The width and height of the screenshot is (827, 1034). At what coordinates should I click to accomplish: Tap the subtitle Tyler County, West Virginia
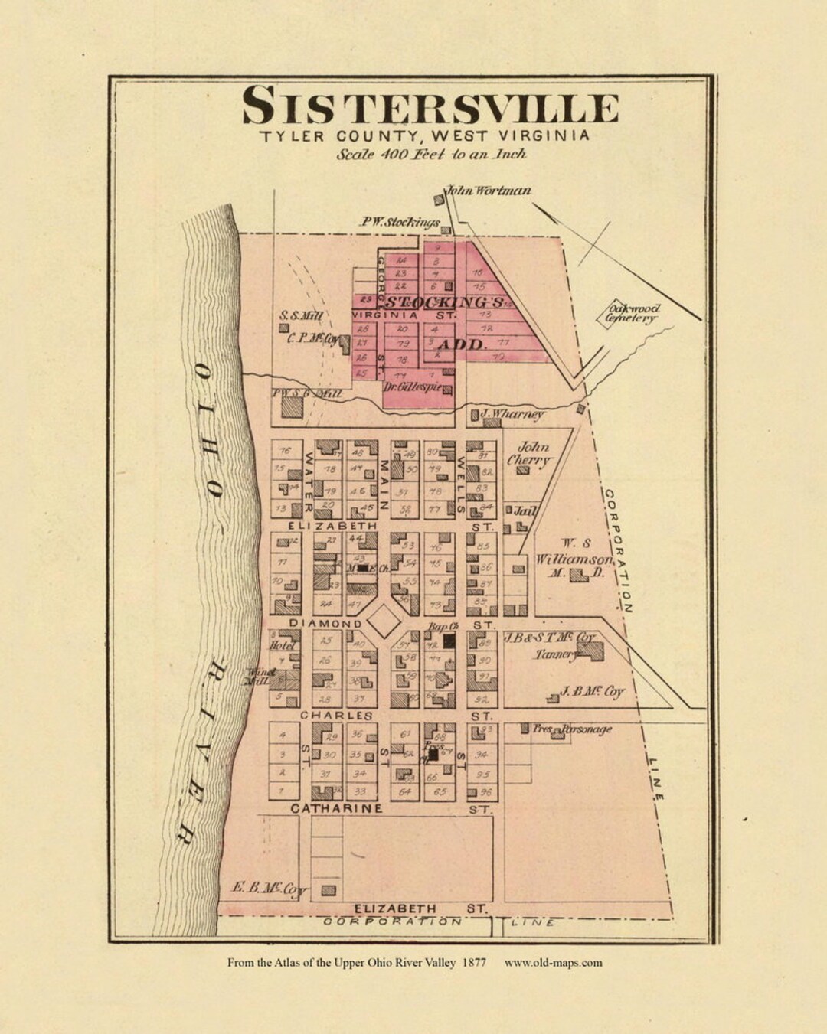tap(424, 137)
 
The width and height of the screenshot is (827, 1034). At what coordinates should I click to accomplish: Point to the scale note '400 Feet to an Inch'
tap(431, 154)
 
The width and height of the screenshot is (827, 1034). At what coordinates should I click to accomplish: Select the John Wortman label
tap(489, 191)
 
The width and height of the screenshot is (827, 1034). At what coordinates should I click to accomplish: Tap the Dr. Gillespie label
tap(413, 389)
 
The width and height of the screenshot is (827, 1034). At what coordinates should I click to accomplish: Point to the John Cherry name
tap(533, 454)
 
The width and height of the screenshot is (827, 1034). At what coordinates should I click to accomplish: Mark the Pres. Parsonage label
tap(573, 729)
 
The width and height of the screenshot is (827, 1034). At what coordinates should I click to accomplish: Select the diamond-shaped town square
tap(384, 621)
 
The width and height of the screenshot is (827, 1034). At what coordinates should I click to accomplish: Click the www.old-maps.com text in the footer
tap(553, 963)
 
